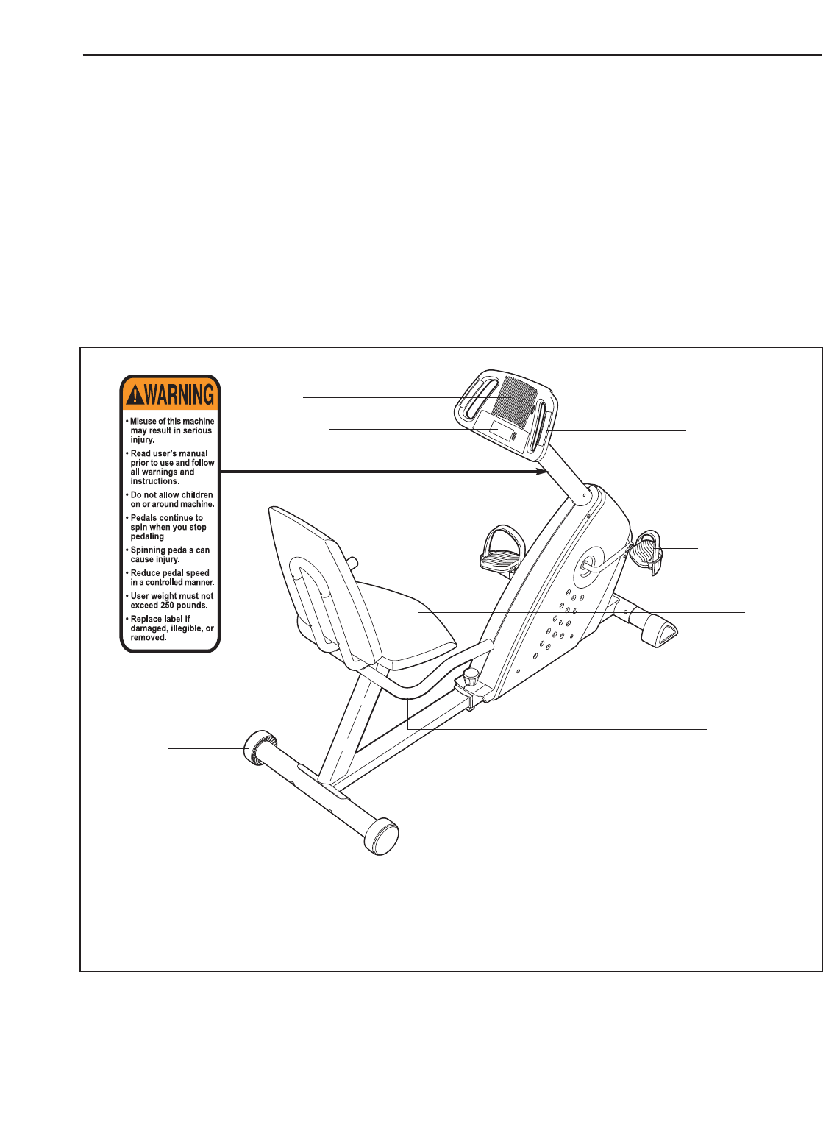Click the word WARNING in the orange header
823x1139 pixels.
179,395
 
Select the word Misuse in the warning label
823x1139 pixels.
143,422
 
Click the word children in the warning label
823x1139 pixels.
195,495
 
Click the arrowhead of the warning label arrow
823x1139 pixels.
545,472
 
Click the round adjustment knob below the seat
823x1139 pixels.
471,675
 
